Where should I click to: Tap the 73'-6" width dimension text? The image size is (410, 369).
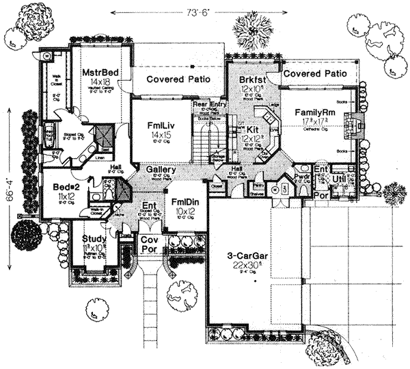coord(204,12)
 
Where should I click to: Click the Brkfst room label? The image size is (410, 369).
coord(251,79)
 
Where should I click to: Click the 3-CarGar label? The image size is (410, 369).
coord(249,257)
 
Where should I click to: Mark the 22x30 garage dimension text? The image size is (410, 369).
coord(249,268)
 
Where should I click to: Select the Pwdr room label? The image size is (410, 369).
coord(301,175)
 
